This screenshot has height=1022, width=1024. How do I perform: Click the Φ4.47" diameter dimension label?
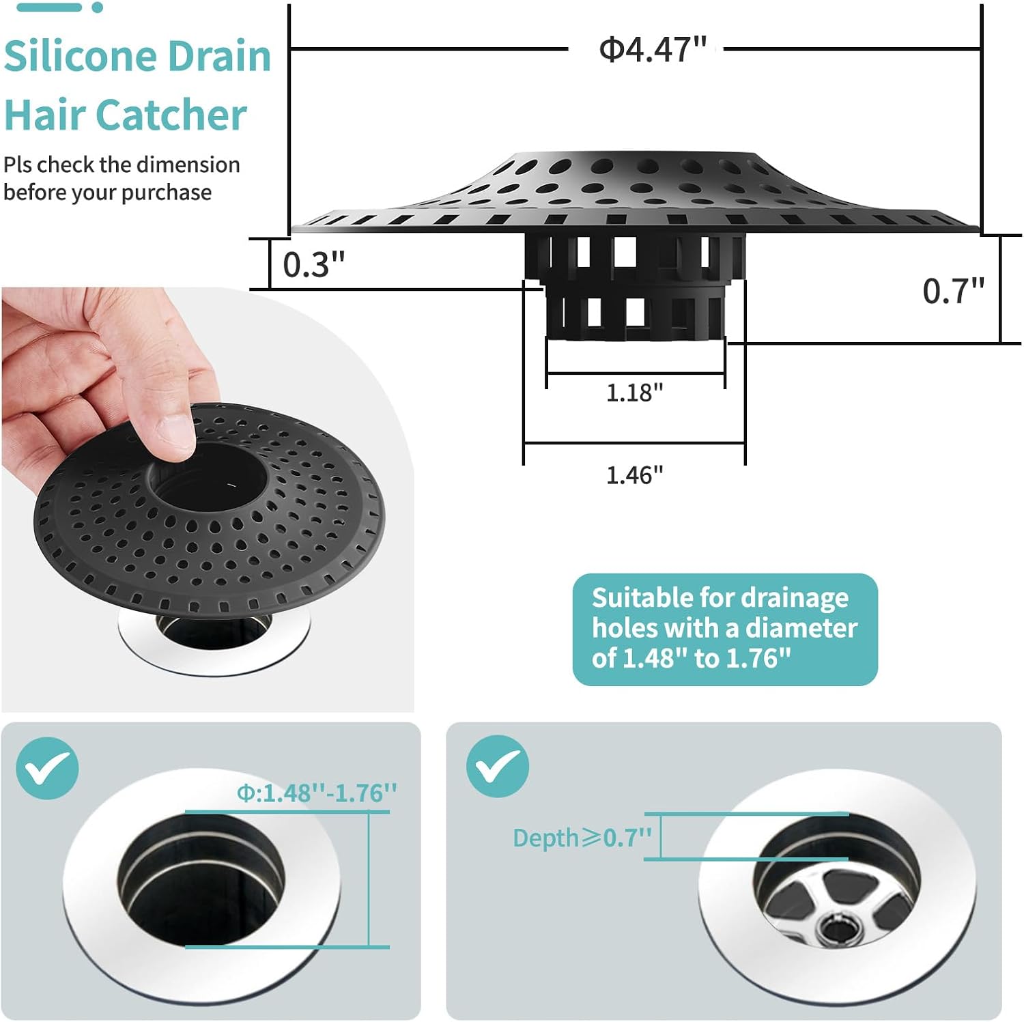(x=653, y=49)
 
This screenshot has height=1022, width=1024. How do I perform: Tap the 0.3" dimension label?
(x=314, y=265)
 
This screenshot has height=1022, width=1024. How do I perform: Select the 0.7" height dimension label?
(x=954, y=291)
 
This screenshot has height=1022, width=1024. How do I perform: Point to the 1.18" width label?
(x=635, y=393)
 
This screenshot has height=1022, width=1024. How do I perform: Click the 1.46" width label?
(x=635, y=475)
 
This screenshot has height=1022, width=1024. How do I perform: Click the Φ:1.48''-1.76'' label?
(x=317, y=793)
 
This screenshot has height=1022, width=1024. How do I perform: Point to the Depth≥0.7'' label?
(x=582, y=838)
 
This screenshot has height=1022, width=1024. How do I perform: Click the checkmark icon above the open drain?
(x=47, y=768)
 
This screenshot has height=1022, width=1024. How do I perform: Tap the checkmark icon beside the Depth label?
(x=498, y=767)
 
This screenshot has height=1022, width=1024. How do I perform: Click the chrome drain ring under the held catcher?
(x=214, y=642)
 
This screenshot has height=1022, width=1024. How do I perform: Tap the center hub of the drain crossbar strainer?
(x=836, y=928)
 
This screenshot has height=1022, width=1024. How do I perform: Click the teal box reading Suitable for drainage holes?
(x=725, y=629)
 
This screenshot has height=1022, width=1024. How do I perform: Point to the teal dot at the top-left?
(x=98, y=8)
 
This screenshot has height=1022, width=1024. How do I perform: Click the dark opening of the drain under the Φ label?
(x=201, y=879)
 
